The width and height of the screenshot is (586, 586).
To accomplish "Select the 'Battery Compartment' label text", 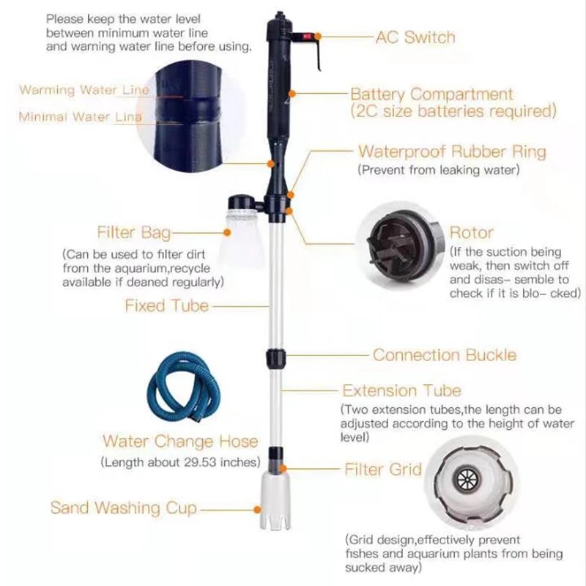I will (431, 94).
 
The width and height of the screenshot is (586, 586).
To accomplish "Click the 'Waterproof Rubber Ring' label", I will (451, 152).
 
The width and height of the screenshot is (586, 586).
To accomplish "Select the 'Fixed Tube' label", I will (166, 305).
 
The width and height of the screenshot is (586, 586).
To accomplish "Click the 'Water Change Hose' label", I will (180, 441).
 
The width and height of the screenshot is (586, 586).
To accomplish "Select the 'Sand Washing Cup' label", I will (124, 508).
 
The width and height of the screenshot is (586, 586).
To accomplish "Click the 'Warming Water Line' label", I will (84, 90).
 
